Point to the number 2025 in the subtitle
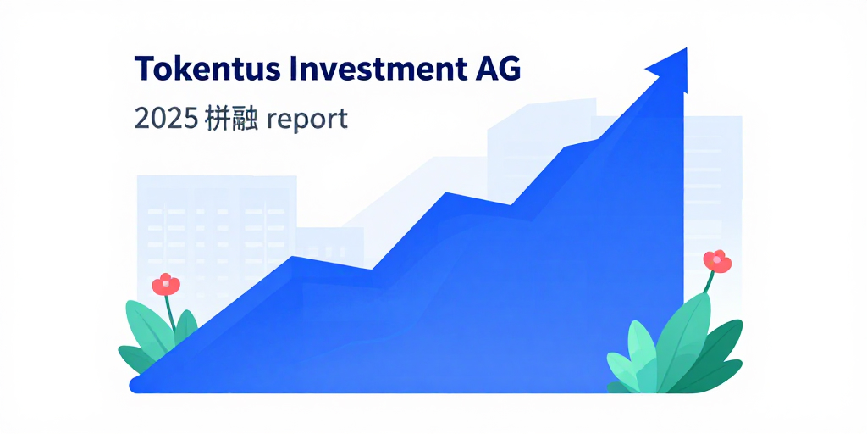pos(166,119)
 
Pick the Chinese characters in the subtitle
pos(233,119)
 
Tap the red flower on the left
pos(166,284)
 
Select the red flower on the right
pos(716,260)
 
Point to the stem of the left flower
pos(172,314)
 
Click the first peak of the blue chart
pos(292,257)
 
